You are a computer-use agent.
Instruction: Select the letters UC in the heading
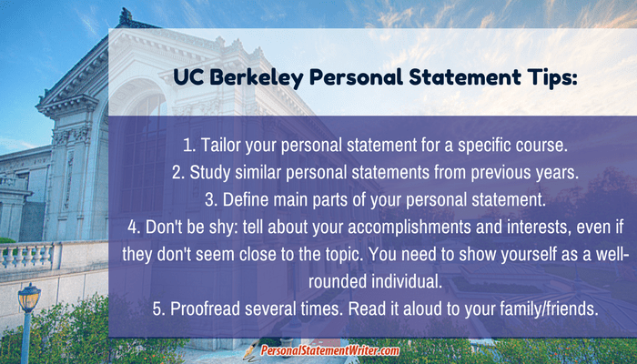pos(187,77)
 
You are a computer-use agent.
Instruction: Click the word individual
pos(406,282)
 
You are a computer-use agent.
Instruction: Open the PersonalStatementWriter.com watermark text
pos(329,350)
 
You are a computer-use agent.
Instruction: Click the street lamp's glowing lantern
pos(29,298)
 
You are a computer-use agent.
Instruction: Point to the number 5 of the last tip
pos(157,309)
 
